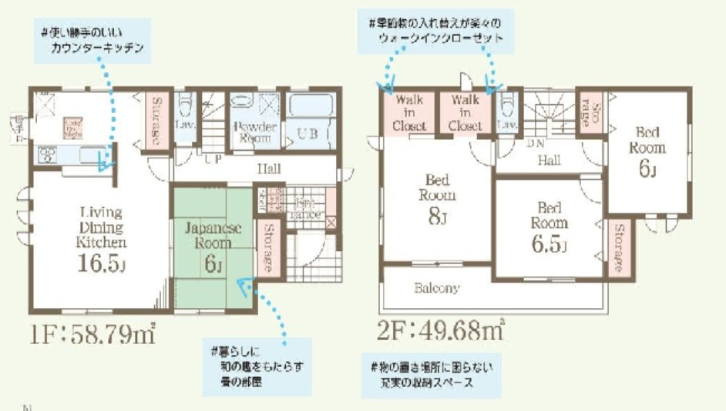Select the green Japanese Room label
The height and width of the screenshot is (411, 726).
pyautogui.click(x=212, y=236)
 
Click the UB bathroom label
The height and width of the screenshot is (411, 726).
pyautogui.click(x=308, y=133)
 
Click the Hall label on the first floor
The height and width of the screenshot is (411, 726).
pyautogui.click(x=269, y=169)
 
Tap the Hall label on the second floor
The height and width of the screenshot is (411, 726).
pyautogui.click(x=548, y=160)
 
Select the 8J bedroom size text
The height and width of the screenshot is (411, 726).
pyautogui.click(x=437, y=218)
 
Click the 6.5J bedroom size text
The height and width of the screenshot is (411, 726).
pyautogui.click(x=548, y=246)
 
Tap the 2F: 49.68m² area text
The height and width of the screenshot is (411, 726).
pyautogui.click(x=441, y=332)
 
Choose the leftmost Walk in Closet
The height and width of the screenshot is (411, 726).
pyautogui.click(x=409, y=112)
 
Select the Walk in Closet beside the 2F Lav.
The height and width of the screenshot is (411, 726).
pyautogui.click(x=465, y=112)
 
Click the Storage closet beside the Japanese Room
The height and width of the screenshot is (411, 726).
pyautogui.click(x=268, y=247)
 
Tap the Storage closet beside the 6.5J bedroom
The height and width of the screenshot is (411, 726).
pyautogui.click(x=618, y=249)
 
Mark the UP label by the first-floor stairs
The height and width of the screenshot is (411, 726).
pyautogui.click(x=213, y=158)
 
